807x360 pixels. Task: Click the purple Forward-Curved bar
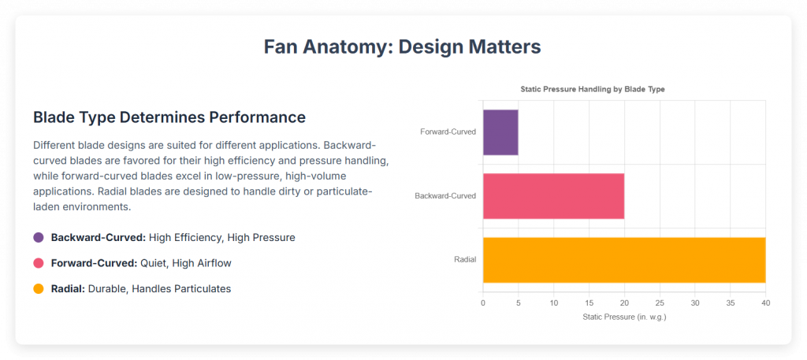click(500, 132)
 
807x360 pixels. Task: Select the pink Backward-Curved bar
click(553, 195)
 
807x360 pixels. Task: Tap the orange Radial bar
click(623, 259)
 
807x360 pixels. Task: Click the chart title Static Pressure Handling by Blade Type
click(593, 89)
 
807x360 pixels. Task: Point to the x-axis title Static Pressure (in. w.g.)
click(624, 317)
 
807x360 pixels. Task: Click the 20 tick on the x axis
click(624, 302)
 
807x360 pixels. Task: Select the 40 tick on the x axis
click(765, 302)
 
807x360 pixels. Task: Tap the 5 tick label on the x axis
click(519, 302)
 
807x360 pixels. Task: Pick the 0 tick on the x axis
click(483, 302)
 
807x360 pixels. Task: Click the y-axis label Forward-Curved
click(448, 132)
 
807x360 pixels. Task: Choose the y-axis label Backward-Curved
click(445, 195)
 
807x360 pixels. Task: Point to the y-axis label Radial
click(465, 259)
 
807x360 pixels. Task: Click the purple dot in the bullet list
click(39, 237)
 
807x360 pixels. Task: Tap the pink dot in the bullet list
click(39, 263)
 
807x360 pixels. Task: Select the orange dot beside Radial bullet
click(39, 289)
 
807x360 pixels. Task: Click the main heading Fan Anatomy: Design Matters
click(403, 46)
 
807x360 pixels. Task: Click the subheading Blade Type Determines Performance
click(169, 117)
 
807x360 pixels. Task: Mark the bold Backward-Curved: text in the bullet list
click(98, 237)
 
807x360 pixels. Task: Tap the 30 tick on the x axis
click(694, 302)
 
